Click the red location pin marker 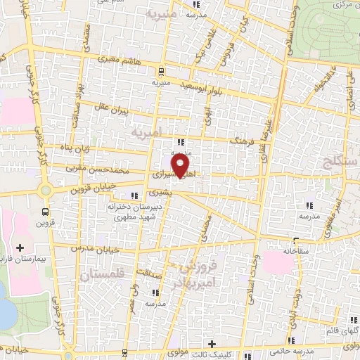[x=182, y=166]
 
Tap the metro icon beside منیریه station [x=161, y=71]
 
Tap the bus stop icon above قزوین [x=46, y=210]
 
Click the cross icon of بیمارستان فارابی [x=20, y=247]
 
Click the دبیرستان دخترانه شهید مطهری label [x=138, y=214]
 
